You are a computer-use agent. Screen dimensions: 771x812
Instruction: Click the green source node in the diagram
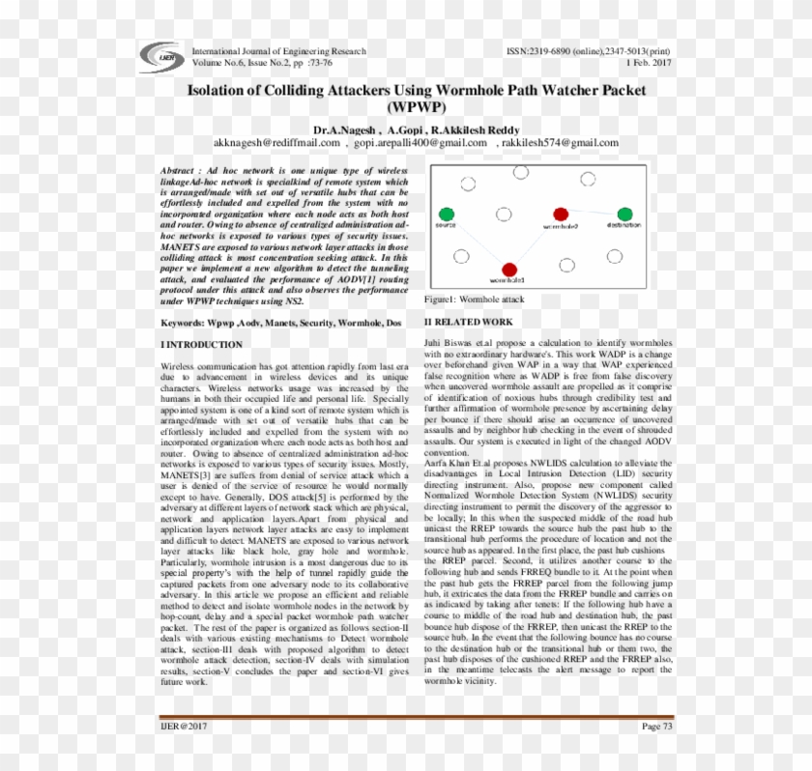coord(446,214)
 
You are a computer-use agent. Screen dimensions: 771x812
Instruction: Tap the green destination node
coord(624,214)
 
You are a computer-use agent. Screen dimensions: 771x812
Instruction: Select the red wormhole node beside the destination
coord(561,214)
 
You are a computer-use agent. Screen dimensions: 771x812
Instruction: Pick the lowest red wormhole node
coord(509,270)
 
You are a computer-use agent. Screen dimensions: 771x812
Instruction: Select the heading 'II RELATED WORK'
coord(469,322)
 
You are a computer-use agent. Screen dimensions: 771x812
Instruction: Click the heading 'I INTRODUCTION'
coord(201,344)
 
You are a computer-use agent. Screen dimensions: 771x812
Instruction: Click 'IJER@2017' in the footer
coord(184,726)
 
